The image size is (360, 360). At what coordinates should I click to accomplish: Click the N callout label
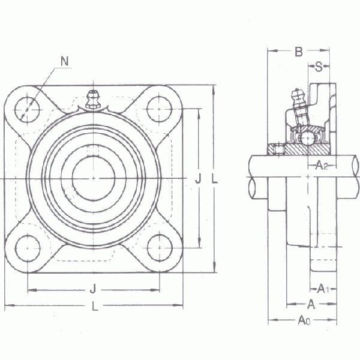click(65, 61)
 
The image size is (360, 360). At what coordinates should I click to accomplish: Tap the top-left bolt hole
click(27, 110)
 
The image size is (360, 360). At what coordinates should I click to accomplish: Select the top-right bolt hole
click(160, 109)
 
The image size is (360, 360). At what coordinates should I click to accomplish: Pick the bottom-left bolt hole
click(28, 248)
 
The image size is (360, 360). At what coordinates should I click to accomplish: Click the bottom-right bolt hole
click(160, 248)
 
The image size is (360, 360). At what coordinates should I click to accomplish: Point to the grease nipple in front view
click(93, 100)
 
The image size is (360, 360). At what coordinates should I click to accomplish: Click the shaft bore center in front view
click(94, 178)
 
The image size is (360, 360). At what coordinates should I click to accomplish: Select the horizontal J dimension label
click(93, 289)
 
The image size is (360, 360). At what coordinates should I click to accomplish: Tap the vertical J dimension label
click(199, 178)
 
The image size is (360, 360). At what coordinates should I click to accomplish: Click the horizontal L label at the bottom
click(95, 306)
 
